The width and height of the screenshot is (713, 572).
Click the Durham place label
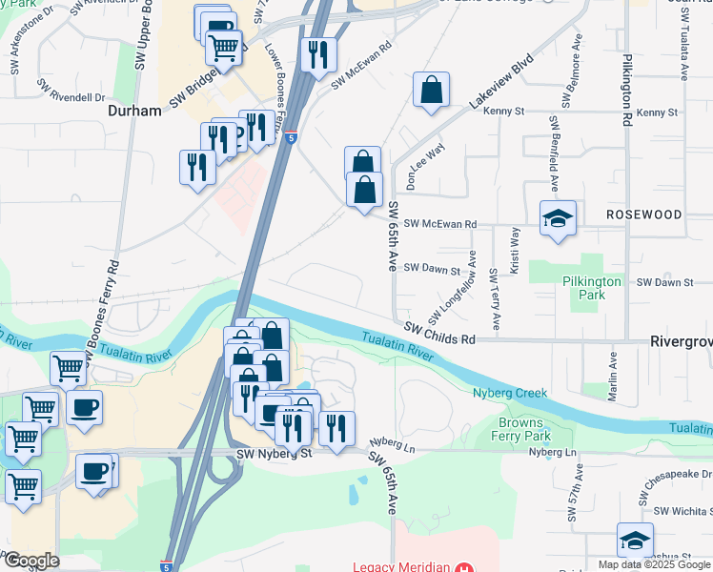pyautogui.click(x=134, y=111)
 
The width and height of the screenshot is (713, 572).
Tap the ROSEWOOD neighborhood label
pyautogui.click(x=644, y=214)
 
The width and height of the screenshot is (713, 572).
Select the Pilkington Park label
pyautogui.click(x=591, y=288)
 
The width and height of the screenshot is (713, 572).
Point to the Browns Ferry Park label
pyautogui.click(x=524, y=428)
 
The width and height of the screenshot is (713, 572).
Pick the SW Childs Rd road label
pyautogui.click(x=438, y=334)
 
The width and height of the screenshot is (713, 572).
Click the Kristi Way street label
pyautogui.click(x=515, y=250)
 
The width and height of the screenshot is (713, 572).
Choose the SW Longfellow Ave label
pyautogui.click(x=454, y=286)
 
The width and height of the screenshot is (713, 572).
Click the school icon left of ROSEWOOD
pyautogui.click(x=557, y=219)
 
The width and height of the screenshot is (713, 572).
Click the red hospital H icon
pyautogui.click(x=464, y=567)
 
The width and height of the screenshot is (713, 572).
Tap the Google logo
pyautogui.click(x=31, y=561)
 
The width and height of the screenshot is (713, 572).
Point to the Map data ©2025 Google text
pyautogui.click(x=655, y=564)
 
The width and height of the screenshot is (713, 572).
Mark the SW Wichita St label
pyautogui.click(x=678, y=512)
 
